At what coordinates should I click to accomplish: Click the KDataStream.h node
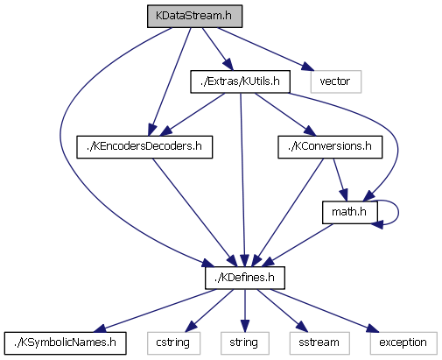coord(194,17)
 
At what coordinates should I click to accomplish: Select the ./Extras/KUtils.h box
coord(240,81)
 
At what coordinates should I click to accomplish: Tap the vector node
coord(336,81)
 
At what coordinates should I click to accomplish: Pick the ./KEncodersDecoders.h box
coord(144,147)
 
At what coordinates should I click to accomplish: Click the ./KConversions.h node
coord(330,147)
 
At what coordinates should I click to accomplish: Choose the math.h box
coord(350,212)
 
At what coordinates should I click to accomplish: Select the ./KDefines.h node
coord(245,278)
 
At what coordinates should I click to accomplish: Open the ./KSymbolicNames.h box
coord(66,343)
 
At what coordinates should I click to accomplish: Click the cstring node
coord(173,343)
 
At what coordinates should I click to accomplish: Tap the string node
coord(245,343)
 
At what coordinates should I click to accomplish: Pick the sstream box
coord(319,343)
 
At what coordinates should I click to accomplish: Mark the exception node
coord(403,343)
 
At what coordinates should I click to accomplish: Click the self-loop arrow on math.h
coord(398,212)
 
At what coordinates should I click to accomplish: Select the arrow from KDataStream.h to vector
coord(265,49)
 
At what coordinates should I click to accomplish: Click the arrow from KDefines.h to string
coord(245,311)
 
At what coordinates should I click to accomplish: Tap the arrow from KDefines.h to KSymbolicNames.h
coord(155,311)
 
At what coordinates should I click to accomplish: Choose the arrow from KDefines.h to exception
coord(325,311)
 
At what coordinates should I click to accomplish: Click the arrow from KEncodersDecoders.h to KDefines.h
coord(194,212)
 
